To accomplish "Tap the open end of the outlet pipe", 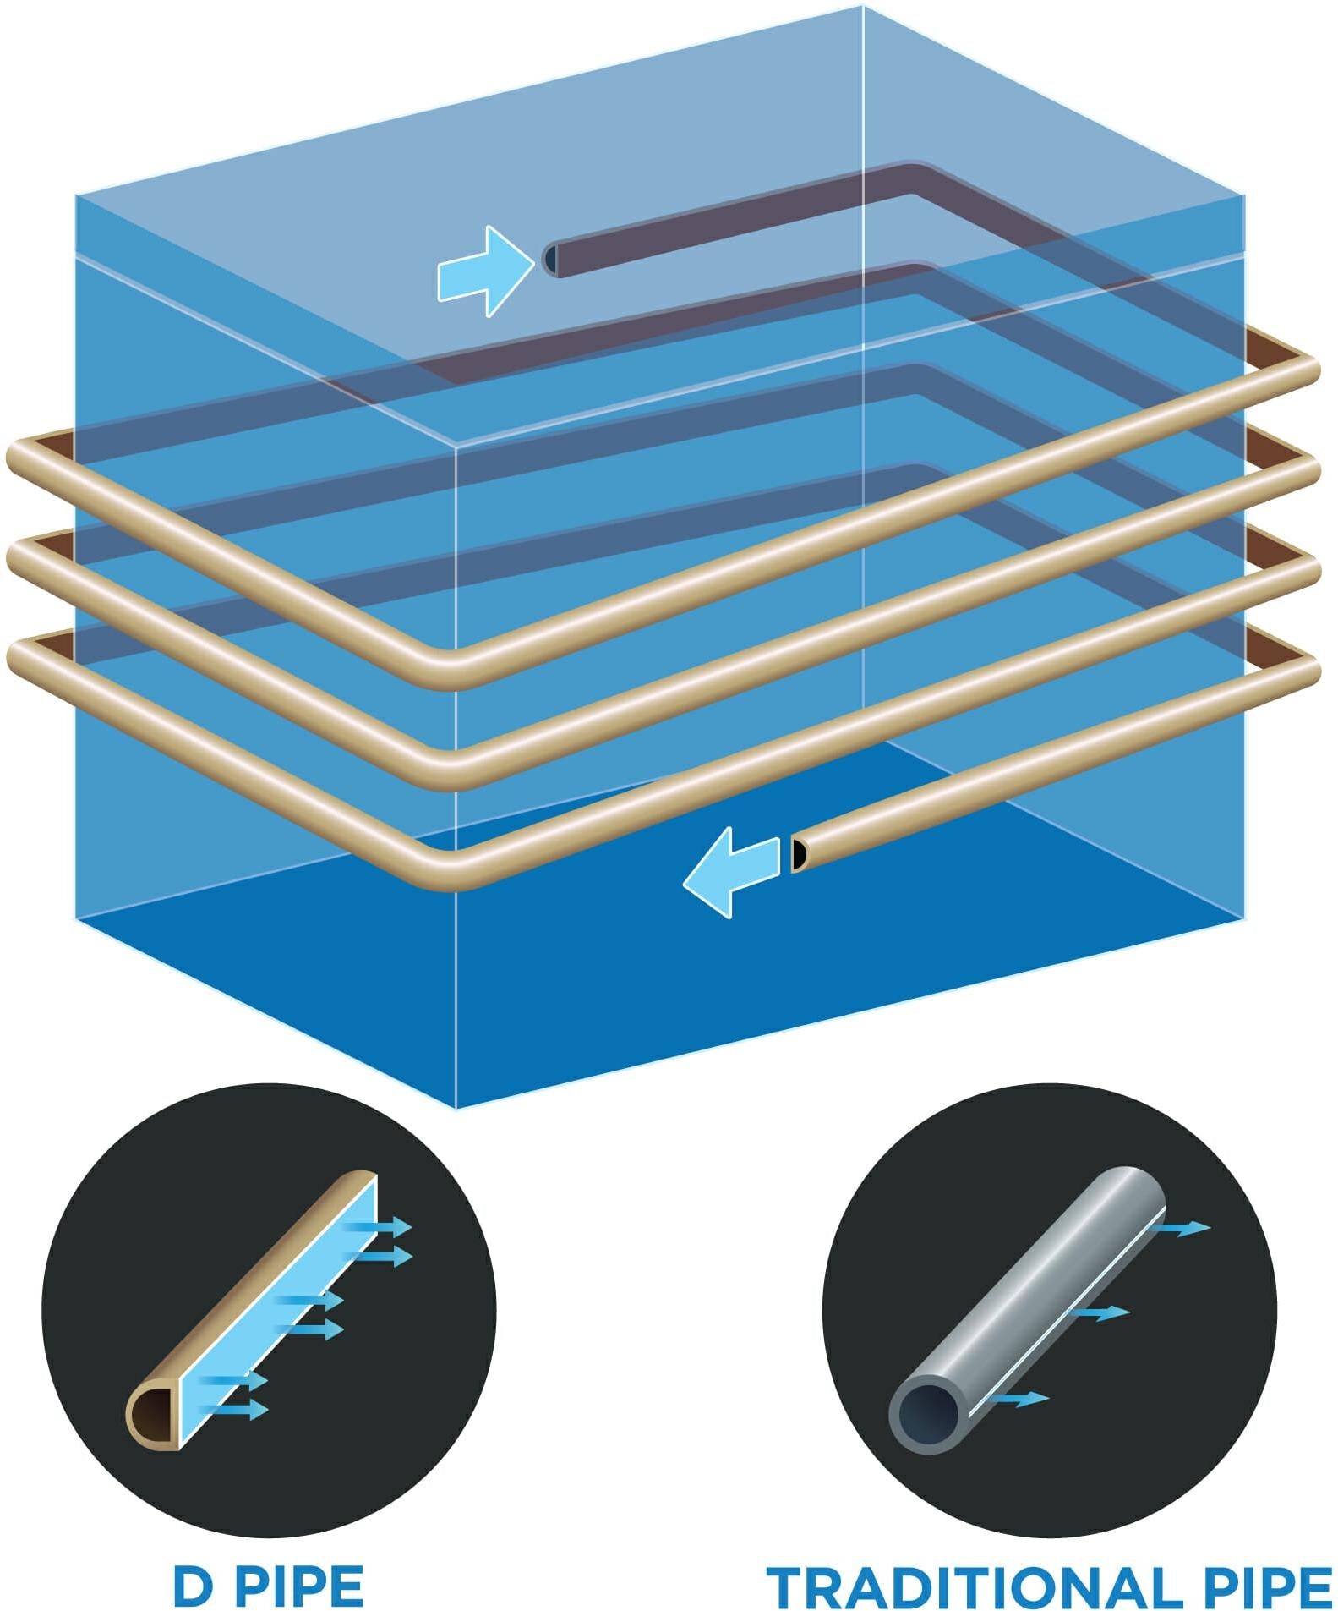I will pos(797,855).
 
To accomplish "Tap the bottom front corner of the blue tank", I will pos(456,1106).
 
